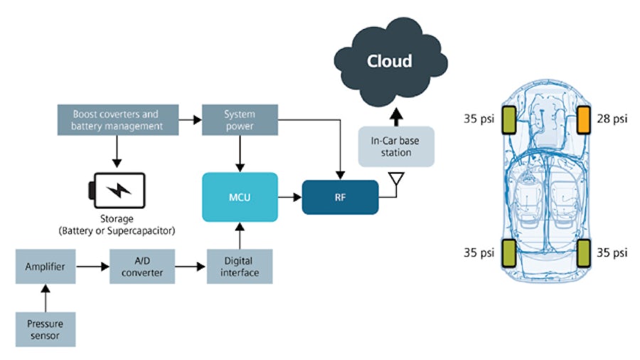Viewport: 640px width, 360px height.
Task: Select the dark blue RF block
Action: tap(341, 197)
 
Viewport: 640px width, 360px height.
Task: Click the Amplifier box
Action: tap(46, 266)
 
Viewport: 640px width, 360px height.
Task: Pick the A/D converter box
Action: tap(142, 266)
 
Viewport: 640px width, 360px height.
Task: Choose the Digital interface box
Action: tap(240, 266)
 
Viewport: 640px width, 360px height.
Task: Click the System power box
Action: tap(240, 120)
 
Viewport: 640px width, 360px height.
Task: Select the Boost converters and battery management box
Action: tap(115, 120)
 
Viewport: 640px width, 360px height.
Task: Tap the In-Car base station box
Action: tap(395, 147)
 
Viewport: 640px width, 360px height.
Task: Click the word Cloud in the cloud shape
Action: tap(389, 61)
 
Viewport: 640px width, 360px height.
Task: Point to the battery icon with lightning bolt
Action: tap(117, 190)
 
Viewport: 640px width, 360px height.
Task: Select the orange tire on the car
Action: tap(584, 120)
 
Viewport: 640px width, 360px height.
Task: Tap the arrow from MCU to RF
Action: tap(286, 196)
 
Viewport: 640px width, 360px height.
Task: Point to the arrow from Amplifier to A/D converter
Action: tap(92, 266)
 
